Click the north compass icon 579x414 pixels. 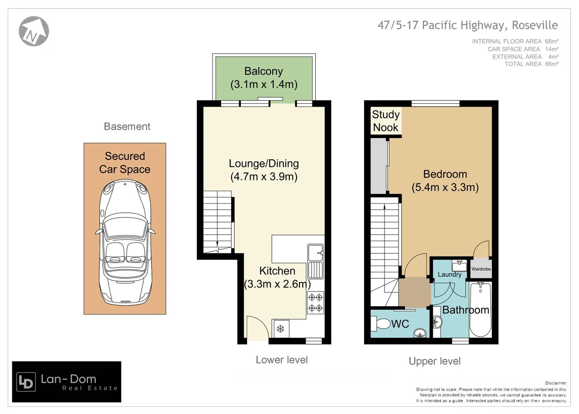34,31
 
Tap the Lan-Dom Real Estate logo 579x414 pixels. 67,382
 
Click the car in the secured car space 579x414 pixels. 125,243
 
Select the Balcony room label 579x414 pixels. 263,71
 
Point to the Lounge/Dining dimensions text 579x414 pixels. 264,177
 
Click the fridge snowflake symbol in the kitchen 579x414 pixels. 280,329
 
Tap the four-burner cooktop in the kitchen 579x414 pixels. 316,302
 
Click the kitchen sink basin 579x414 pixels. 315,252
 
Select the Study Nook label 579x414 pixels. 386,121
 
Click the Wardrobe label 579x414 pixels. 481,269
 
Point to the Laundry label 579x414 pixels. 449,274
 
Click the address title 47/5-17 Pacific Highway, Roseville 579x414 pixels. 468,25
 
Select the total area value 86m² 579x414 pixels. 552,64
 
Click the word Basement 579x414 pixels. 127,127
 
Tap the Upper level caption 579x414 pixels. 435,361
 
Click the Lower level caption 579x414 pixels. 281,360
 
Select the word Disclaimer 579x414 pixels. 556,383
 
